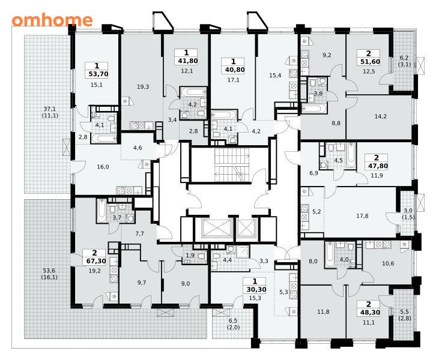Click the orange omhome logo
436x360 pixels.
click(x=52, y=20)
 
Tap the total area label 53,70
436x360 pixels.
click(x=98, y=74)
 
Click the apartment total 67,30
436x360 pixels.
click(x=94, y=262)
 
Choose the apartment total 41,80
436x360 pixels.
click(x=186, y=61)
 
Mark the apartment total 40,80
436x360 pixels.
click(x=234, y=70)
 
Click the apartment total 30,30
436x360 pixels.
click(x=256, y=289)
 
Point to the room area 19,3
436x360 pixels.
click(x=143, y=87)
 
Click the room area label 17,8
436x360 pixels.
click(x=362, y=216)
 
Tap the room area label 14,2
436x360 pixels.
click(x=380, y=116)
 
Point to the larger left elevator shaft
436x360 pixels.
click(x=217, y=228)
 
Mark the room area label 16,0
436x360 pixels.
click(x=103, y=167)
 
